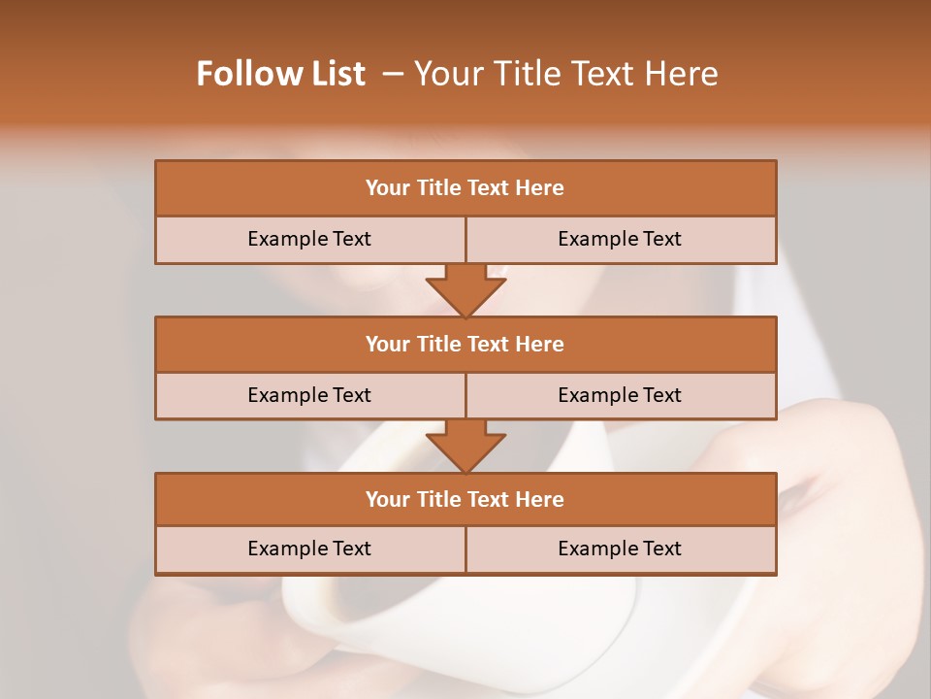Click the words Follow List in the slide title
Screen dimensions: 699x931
coord(281,74)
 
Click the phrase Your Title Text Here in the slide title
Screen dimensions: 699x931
coord(566,74)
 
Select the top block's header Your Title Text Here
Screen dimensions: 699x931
coord(465,188)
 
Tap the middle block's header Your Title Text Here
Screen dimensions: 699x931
coord(465,344)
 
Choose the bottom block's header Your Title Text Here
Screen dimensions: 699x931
coord(465,499)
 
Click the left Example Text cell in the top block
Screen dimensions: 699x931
coord(309,239)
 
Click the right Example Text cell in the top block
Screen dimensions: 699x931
coord(620,239)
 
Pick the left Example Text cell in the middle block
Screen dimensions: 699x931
coord(309,395)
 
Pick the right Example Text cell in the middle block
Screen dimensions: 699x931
coord(620,395)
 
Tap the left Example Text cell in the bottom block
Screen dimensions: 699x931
coord(309,549)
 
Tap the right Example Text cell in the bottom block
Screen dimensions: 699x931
coord(620,549)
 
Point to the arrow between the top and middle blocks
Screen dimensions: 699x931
coord(465,289)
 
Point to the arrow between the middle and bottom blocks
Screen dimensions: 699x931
coord(465,446)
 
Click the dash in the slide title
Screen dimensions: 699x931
coord(393,74)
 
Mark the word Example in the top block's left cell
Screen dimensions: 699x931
coord(288,239)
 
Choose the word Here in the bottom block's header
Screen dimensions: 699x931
coord(540,499)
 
